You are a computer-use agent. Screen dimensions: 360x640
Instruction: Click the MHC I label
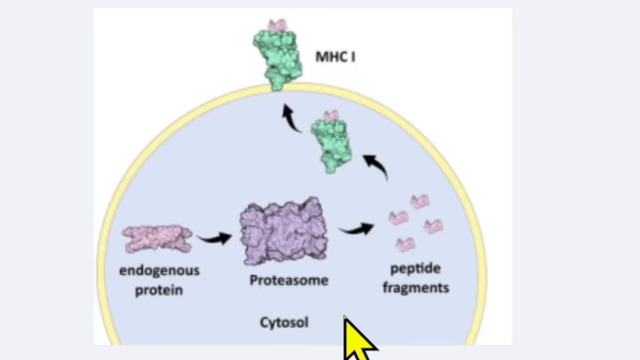[336, 57]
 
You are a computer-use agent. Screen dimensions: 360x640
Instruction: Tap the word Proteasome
[289, 280]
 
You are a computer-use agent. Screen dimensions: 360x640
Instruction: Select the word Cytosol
[284, 322]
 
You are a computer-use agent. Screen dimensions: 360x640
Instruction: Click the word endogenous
[159, 271]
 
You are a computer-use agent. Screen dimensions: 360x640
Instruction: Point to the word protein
[159, 289]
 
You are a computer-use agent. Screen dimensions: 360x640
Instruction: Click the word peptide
[416, 269]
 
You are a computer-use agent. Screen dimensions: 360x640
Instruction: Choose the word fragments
[416, 287]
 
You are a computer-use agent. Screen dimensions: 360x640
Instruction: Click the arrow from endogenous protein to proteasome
[214, 237]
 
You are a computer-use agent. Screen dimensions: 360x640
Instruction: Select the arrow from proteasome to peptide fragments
[356, 229]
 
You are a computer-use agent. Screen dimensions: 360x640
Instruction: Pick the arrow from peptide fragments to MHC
[376, 166]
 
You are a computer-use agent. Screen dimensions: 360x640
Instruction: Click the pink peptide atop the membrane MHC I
[277, 25]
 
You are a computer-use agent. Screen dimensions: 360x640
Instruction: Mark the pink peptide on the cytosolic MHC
[331, 116]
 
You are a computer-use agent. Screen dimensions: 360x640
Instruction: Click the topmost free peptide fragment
[419, 201]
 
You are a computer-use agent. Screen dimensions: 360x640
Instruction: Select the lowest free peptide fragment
[406, 243]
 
